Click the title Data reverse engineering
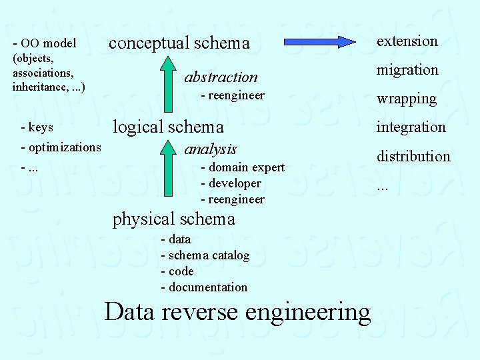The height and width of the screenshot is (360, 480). click(x=237, y=312)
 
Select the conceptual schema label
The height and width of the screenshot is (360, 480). click(x=179, y=43)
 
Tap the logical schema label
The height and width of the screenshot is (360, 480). click(x=168, y=127)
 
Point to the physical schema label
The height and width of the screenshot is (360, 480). click(x=173, y=219)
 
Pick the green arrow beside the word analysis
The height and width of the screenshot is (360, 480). click(x=168, y=171)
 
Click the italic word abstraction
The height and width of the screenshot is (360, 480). click(x=221, y=77)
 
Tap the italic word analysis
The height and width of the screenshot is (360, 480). click(x=210, y=149)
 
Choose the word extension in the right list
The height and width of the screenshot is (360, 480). click(x=407, y=41)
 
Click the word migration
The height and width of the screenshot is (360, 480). click(x=407, y=70)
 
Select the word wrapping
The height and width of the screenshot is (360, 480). click(x=406, y=99)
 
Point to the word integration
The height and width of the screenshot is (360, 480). click(x=411, y=127)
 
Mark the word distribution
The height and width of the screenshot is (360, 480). click(x=413, y=156)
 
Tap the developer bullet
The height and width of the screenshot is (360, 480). click(x=231, y=183)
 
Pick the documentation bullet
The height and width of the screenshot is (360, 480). click(x=204, y=287)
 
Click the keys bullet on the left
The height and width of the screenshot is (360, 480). click(x=37, y=127)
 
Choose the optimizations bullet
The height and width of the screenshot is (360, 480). click(x=61, y=147)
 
